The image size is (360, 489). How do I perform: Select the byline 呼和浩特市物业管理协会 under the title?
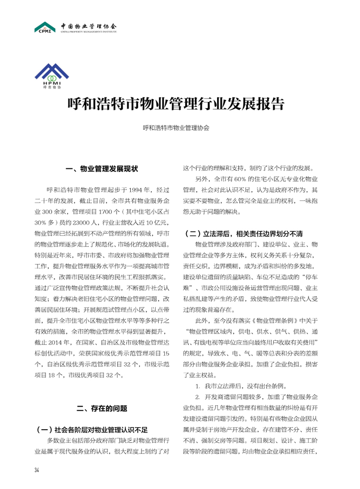(176, 128)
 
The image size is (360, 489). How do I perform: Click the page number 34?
(37, 469)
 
